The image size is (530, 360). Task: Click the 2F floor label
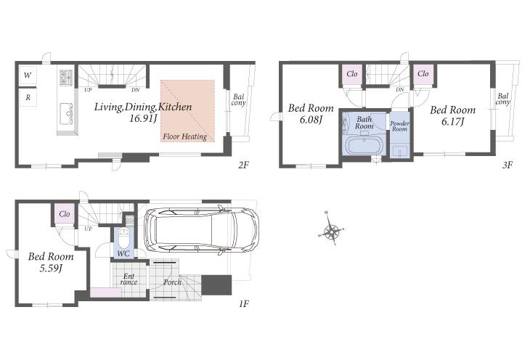[x=243, y=165]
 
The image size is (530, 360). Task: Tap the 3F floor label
[x=507, y=165]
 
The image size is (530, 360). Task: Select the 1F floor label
[x=244, y=304]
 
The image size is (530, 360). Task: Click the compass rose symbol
[x=331, y=232]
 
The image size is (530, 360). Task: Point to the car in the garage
[x=201, y=229]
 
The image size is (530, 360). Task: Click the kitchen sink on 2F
[x=66, y=114]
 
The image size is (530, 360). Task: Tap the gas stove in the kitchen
[x=65, y=78]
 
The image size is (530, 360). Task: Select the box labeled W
[x=28, y=75]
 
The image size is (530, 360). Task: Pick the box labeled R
[x=28, y=97]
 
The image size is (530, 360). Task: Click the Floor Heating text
[x=185, y=136]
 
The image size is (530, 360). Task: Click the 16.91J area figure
[x=143, y=118]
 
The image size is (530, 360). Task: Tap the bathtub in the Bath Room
[x=364, y=145]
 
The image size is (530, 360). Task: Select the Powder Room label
[x=399, y=126]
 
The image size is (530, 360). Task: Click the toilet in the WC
[x=123, y=240]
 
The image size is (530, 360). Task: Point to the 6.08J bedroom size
[x=311, y=120]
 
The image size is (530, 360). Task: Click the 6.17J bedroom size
[x=452, y=121]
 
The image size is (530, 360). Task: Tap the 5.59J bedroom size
[x=51, y=269]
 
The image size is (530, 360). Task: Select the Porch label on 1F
[x=172, y=282]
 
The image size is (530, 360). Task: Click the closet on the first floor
[x=65, y=214]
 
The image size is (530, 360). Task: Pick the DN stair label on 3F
[x=400, y=89]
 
